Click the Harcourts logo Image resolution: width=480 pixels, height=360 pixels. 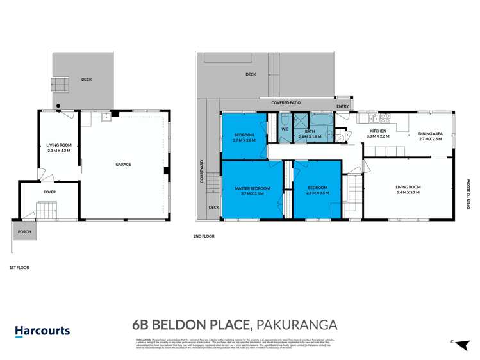(x=43, y=331)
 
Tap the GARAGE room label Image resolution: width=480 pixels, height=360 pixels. (x=123, y=165)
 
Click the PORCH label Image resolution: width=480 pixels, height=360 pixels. (x=24, y=232)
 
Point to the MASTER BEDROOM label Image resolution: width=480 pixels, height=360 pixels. (x=252, y=188)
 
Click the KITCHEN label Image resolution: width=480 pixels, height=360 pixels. (x=377, y=131)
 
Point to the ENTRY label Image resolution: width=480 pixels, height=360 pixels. (x=343, y=108)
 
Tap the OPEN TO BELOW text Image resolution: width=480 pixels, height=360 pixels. (x=468, y=194)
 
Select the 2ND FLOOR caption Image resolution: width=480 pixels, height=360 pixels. (x=204, y=236)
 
